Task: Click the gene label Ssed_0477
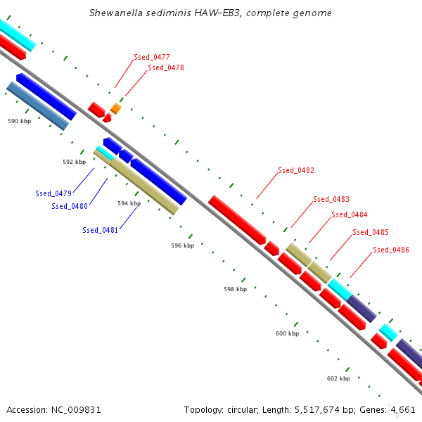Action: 152,57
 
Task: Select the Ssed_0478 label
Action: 166,68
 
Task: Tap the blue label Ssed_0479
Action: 53,193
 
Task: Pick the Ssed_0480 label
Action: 70,206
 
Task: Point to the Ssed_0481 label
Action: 101,230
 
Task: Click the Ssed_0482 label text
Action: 296,170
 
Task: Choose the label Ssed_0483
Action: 331,199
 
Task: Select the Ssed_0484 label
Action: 350,215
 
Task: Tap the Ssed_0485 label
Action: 371,232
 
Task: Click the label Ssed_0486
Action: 391,250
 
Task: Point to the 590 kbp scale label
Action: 20,121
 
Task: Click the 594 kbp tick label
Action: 129,203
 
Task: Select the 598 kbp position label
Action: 236,289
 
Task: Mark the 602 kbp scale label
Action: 338,378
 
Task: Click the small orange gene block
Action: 116,108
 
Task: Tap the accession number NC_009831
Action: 76,410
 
